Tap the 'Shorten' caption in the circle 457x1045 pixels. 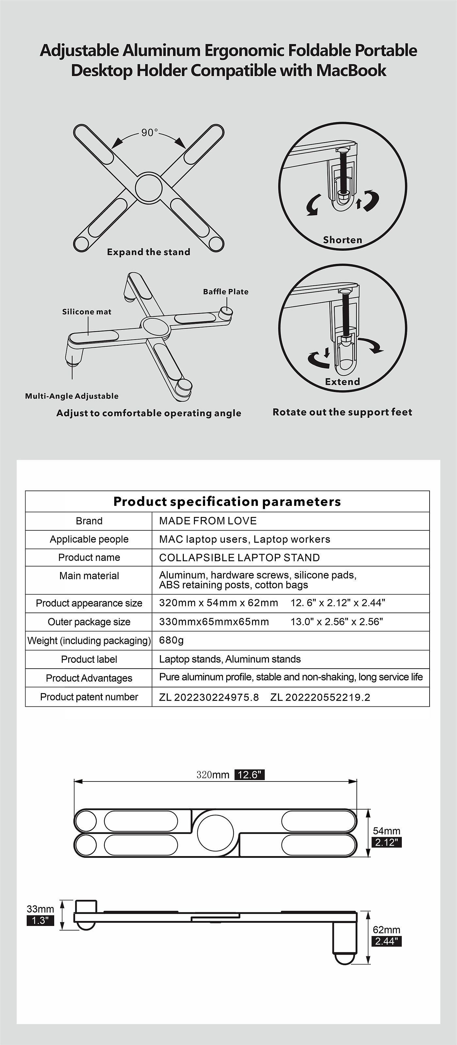click(x=342, y=240)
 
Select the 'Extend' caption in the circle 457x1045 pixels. click(x=342, y=382)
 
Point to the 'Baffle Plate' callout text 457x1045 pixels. click(x=226, y=292)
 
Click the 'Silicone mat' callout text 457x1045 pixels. click(x=87, y=312)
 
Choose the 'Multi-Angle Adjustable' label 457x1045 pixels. click(x=72, y=396)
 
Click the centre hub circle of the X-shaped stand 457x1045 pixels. click(x=149, y=188)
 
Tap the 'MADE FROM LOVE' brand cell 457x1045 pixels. click(x=208, y=521)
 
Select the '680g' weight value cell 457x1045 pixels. click(x=171, y=640)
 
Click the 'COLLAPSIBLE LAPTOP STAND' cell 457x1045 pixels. click(x=240, y=557)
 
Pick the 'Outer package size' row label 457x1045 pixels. click(x=89, y=622)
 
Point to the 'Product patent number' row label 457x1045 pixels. click(x=89, y=697)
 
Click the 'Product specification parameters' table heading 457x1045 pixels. click(x=227, y=502)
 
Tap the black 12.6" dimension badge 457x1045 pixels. click(x=249, y=775)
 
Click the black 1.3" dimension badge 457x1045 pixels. click(x=40, y=920)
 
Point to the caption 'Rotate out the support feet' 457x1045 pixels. click(x=342, y=412)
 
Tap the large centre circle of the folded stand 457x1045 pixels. click(x=215, y=833)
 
